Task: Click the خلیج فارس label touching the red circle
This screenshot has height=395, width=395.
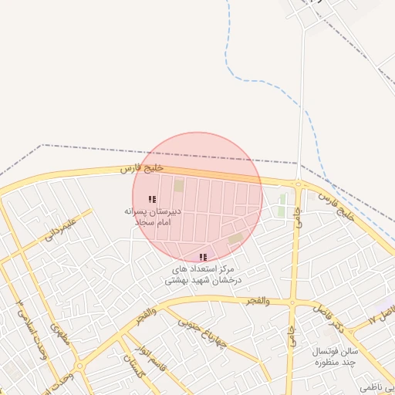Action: tap(143, 168)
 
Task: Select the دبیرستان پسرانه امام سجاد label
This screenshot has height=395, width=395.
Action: tap(152, 215)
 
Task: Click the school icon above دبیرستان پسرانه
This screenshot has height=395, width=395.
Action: tap(152, 199)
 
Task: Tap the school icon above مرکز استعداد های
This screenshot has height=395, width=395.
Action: tap(203, 257)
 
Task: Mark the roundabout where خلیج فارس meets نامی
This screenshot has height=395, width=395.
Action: tap(298, 184)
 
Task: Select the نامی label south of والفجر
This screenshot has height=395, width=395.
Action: tap(292, 335)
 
